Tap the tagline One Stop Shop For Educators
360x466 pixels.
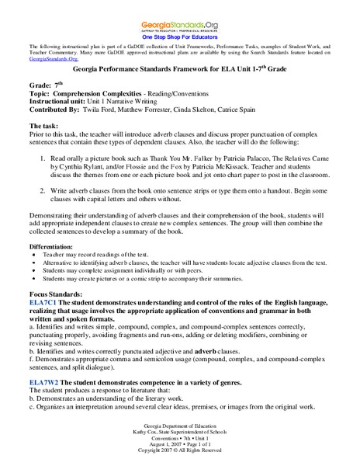180,37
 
